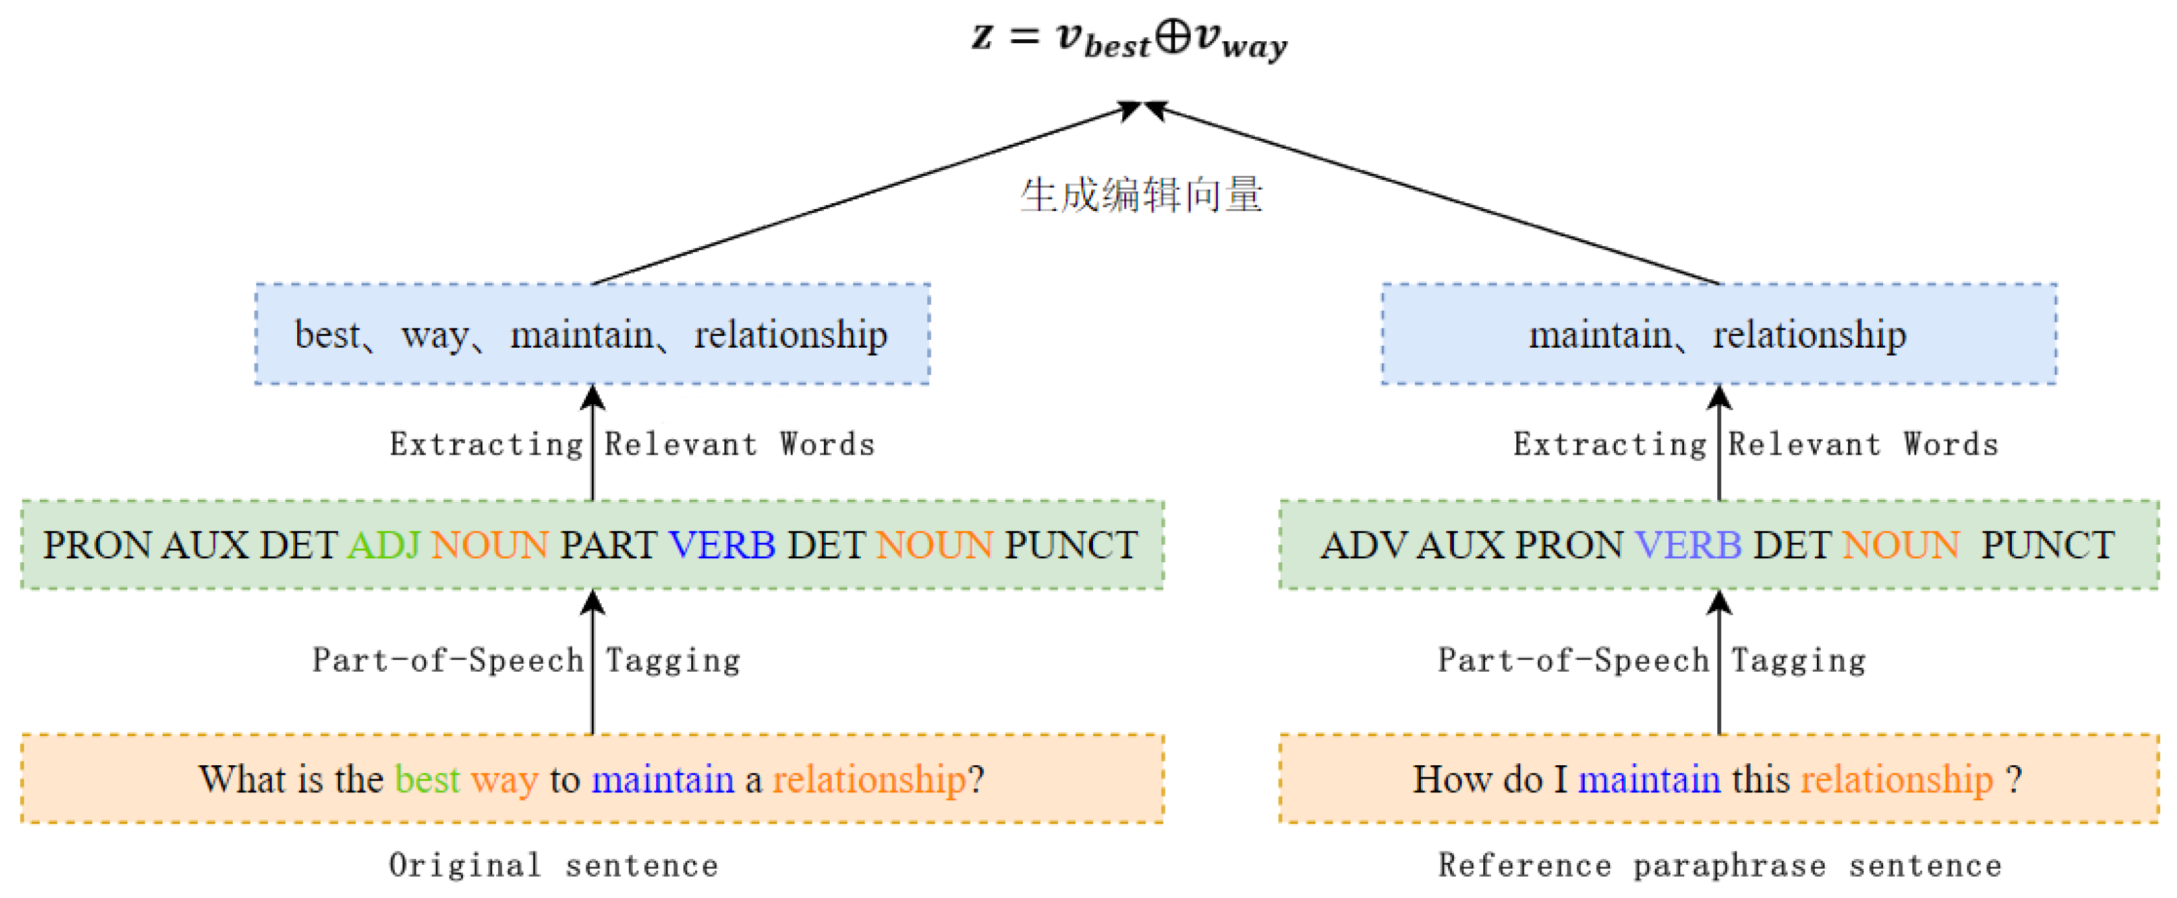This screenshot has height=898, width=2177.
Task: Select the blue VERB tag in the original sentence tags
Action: click(x=722, y=546)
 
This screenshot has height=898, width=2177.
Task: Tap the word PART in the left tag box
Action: click(x=608, y=546)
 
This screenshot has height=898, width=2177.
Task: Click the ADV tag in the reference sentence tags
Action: click(x=1363, y=546)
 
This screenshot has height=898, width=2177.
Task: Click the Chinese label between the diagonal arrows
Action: click(x=1141, y=195)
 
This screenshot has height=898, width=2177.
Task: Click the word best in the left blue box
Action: click(x=327, y=335)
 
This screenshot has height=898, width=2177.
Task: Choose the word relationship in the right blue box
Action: click(x=1810, y=335)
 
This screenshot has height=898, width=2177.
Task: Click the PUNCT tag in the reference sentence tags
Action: click(x=2048, y=546)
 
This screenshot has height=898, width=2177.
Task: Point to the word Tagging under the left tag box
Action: click(x=673, y=660)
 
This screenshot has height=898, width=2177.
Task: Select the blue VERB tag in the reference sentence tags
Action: click(x=1687, y=546)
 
